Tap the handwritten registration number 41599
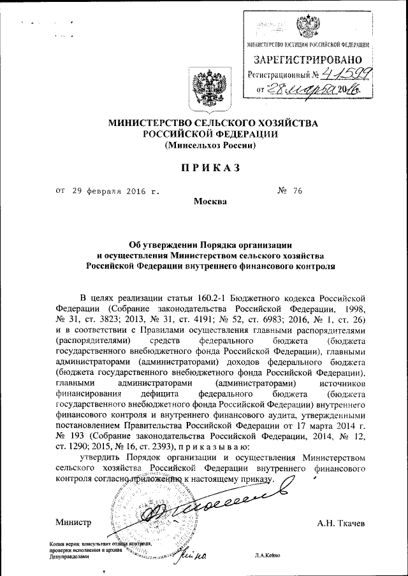pyautogui.click(x=348, y=75)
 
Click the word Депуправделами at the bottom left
pyautogui.click(x=69, y=556)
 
